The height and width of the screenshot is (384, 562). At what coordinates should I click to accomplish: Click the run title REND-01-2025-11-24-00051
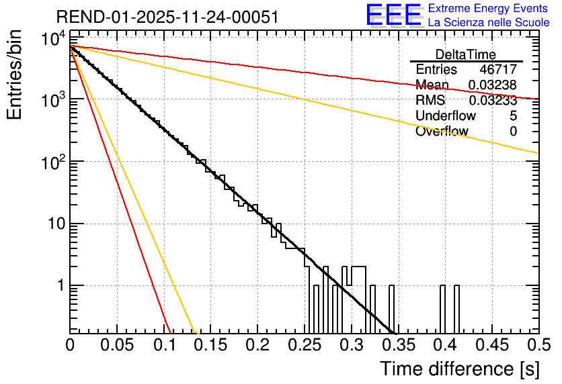click(168, 17)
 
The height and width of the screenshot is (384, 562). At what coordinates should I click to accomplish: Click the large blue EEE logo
click(393, 15)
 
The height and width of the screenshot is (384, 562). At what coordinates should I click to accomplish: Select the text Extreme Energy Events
click(489, 9)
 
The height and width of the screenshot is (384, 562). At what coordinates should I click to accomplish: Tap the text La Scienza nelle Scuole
click(489, 22)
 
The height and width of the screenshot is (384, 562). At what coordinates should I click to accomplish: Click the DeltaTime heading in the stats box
click(466, 54)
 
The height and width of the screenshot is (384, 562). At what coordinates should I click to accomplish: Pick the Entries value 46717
click(497, 70)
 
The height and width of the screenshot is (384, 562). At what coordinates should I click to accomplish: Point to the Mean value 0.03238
click(492, 85)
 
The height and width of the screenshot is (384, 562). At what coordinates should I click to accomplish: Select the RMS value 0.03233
click(492, 101)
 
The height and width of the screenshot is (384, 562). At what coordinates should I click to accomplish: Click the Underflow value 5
click(513, 116)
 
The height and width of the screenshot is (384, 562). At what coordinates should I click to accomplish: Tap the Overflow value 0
click(513, 132)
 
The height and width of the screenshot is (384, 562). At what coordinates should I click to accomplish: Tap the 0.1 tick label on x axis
click(163, 346)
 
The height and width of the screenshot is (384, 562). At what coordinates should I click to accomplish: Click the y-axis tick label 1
click(60, 286)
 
